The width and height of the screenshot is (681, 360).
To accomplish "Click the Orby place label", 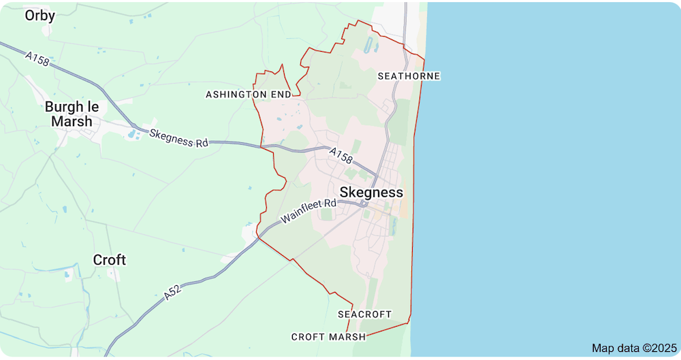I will tap(39, 15).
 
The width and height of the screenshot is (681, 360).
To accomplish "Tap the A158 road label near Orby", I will tap(38, 59).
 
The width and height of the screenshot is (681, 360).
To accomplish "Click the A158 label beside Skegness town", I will tap(341, 157).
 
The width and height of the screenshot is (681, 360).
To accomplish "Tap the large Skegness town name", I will tap(371, 193).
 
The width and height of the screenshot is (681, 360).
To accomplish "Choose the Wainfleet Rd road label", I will tap(308, 212).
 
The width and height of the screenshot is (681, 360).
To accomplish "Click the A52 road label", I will tap(173, 293).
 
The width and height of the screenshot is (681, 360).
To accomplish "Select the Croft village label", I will tap(110, 260).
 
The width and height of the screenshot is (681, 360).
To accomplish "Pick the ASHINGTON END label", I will tap(249, 94).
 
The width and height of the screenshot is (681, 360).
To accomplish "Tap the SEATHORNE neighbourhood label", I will tap(409, 76).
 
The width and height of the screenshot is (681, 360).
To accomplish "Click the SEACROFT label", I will tap(365, 314).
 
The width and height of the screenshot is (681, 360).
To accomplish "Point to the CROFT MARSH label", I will tap(328, 337).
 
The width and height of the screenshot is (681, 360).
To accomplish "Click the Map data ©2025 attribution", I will tap(633, 348).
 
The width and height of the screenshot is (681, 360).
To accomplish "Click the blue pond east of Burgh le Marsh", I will tap(131, 133).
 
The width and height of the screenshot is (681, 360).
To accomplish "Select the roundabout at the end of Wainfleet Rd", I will tap(365, 203).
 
